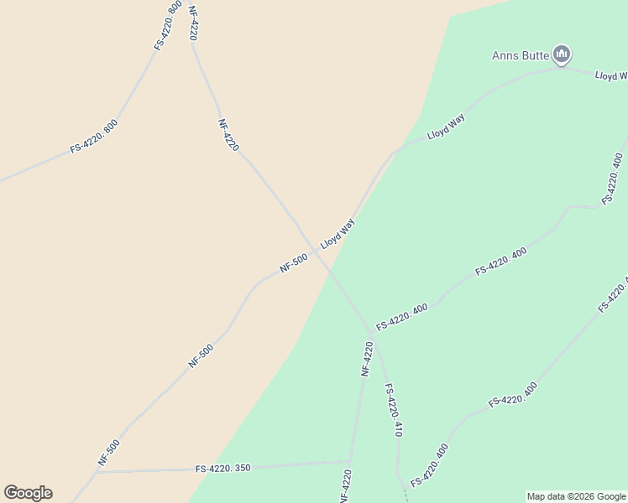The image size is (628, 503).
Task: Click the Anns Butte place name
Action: click(x=521, y=56)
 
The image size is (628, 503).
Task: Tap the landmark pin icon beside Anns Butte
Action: click(x=562, y=56)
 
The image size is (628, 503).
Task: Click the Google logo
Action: click(x=28, y=493)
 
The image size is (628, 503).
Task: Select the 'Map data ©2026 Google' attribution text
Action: click(x=577, y=496)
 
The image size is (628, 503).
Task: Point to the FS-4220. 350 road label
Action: click(x=222, y=468)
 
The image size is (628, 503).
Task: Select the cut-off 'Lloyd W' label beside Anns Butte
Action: click(x=611, y=75)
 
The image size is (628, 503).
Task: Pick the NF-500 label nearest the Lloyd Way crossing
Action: click(x=294, y=263)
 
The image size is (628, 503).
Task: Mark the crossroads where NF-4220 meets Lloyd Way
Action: click(x=317, y=251)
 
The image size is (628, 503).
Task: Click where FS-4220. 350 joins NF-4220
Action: click(x=349, y=461)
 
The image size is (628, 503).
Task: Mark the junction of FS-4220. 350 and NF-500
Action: click(x=95, y=472)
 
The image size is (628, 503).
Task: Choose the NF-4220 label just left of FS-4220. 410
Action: click(x=367, y=359)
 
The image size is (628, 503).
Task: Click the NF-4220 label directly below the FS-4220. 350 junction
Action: click(x=345, y=486)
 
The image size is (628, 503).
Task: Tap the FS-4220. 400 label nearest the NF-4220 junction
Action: click(x=402, y=316)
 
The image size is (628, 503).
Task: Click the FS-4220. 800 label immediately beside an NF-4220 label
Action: click(x=169, y=26)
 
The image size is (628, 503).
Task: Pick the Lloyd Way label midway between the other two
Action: click(x=446, y=127)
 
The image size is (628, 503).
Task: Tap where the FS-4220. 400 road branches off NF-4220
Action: click(x=370, y=331)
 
